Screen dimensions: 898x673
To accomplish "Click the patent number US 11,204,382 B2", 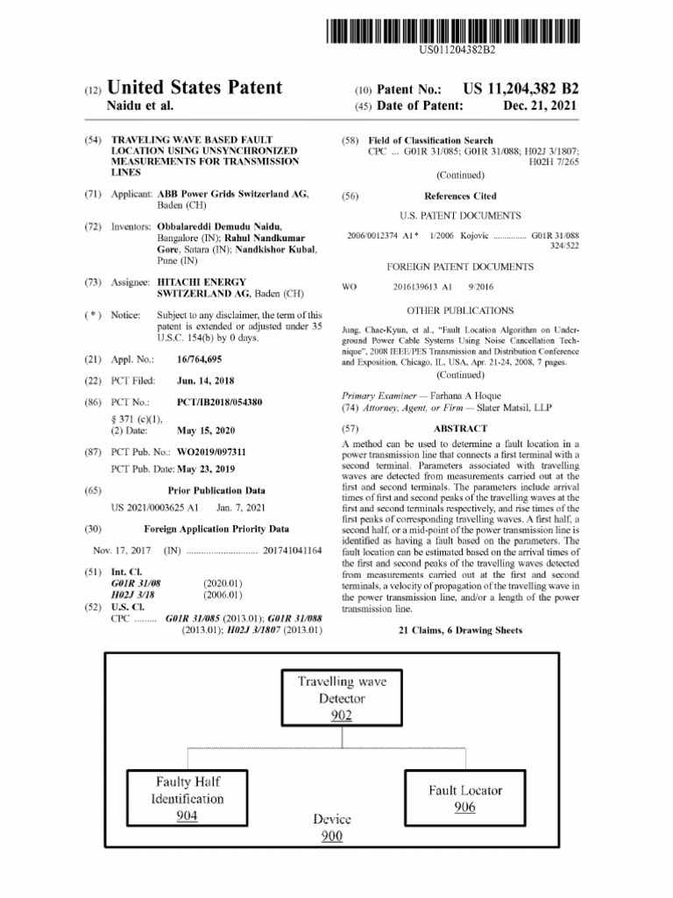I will tap(521, 89).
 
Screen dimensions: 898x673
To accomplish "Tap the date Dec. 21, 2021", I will tap(541, 105).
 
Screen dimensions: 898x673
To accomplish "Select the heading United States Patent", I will tap(195, 88).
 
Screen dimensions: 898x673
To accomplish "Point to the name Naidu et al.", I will tap(140, 105).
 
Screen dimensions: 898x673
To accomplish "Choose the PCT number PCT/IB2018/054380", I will tap(219, 402).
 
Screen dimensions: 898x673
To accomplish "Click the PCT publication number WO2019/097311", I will tap(211, 452).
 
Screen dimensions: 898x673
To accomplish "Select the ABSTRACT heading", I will tap(460, 429).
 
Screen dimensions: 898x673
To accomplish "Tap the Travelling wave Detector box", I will tap(341, 698).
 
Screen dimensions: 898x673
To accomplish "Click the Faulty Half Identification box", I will tap(188, 798).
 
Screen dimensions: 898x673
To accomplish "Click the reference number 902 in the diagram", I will tap(341, 717).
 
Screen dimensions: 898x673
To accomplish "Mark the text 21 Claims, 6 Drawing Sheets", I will tap(460, 630).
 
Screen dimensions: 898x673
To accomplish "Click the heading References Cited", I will tap(460, 196).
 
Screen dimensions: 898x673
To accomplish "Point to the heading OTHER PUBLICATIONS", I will tap(460, 310).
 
